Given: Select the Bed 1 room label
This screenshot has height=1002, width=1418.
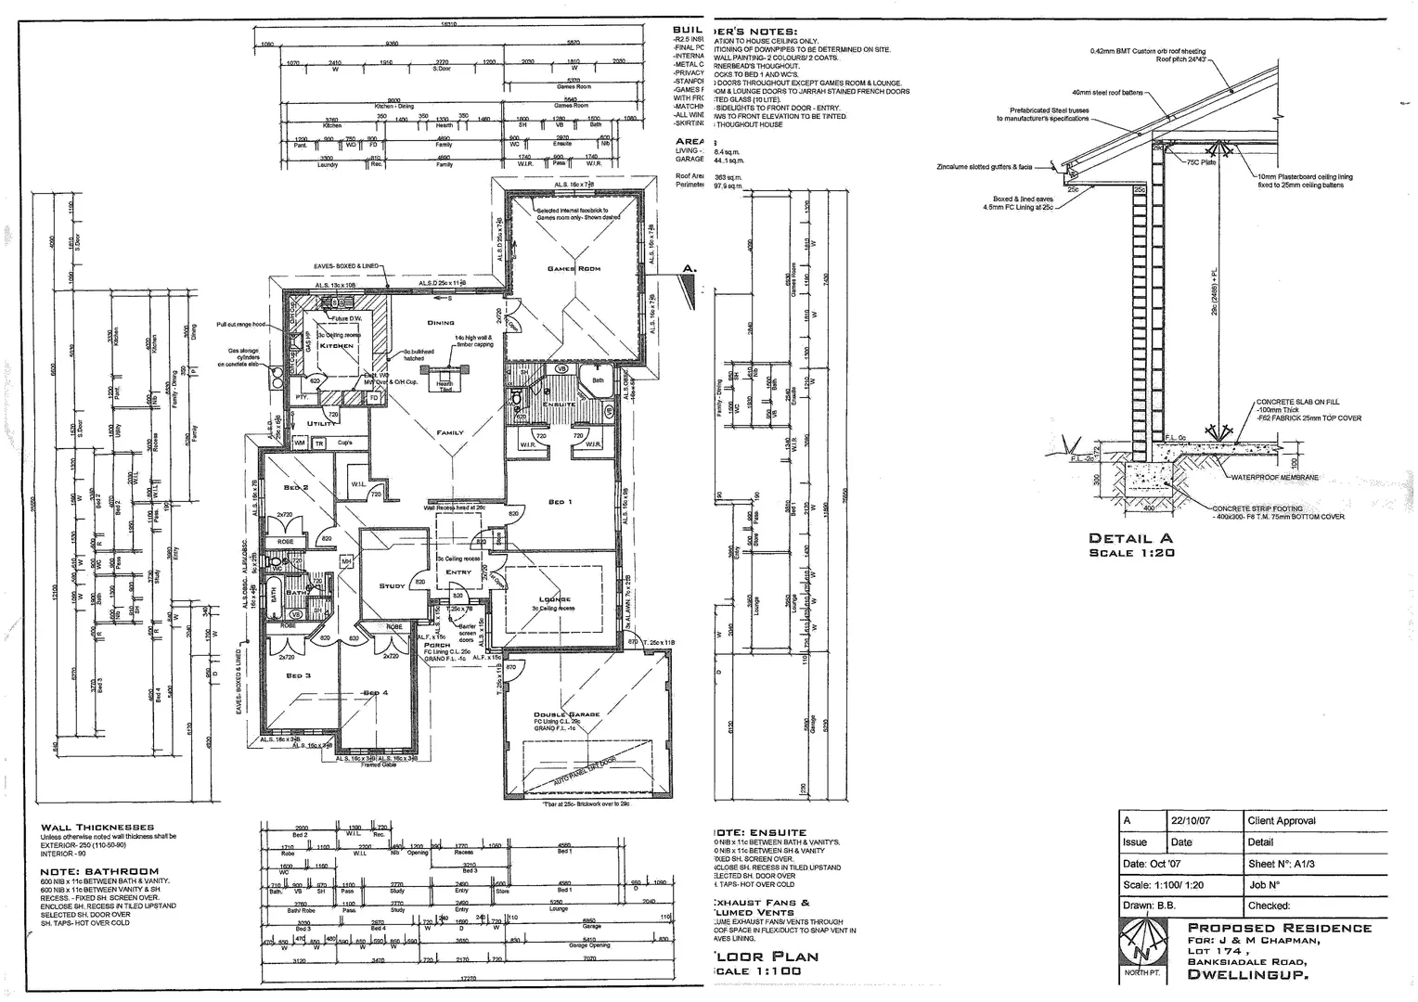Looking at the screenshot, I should [561, 502].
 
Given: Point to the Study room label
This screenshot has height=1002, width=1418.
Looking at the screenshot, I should [393, 586].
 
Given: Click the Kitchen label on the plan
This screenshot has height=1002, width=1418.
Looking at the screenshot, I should [337, 345].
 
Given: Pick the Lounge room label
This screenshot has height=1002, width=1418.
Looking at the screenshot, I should [554, 599].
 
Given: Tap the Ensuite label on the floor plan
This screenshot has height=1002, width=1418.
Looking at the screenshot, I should [560, 405].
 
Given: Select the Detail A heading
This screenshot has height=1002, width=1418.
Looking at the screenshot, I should [1130, 538].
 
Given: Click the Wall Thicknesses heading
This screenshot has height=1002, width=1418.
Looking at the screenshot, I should [97, 827].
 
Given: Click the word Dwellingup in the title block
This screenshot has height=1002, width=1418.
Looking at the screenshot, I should [1247, 975].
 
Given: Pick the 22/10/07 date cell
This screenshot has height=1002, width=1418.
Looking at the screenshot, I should [1191, 821].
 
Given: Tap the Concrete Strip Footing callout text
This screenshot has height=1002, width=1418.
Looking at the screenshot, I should [1257, 508].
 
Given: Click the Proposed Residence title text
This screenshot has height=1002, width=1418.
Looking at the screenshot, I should [1279, 928].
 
